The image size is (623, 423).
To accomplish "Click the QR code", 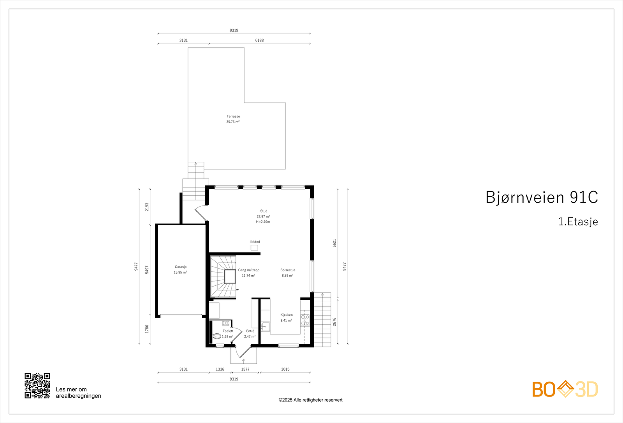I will [37, 386].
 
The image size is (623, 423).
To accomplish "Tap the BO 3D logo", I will [565, 389].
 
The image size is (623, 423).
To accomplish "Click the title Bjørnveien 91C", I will [541, 197].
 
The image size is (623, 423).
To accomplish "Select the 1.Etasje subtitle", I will [578, 222].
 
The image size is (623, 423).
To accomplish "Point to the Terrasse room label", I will [233, 116].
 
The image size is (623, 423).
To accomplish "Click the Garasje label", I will [180, 267].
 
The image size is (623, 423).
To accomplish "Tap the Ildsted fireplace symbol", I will [254, 248].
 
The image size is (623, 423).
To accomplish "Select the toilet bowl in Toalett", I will [217, 336].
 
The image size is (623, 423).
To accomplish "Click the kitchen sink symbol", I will [266, 326].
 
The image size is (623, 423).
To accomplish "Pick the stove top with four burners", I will [305, 320].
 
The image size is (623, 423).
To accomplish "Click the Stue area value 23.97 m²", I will [263, 216].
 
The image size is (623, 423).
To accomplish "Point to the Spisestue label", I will [288, 270].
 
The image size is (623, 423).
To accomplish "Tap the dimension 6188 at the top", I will [259, 40].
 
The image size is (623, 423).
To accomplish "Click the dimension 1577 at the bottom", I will [245, 369].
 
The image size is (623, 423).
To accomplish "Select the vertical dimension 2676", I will [334, 322].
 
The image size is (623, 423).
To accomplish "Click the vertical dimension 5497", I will [147, 269].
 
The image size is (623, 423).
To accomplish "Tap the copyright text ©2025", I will [310, 400].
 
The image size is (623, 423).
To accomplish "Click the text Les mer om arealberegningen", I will [78, 393].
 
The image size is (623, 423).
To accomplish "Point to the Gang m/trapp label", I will [248, 270].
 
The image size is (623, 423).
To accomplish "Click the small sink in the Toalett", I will [225, 323].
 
